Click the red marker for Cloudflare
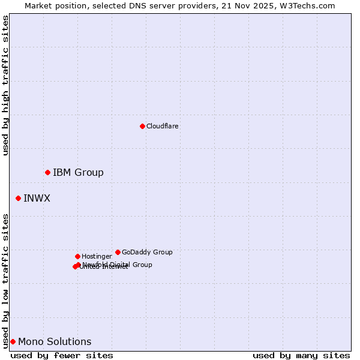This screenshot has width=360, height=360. (142, 126)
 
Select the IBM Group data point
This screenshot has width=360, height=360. (47, 173)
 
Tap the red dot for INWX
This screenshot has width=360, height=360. (18, 198)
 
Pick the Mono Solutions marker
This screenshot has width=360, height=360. (13, 341)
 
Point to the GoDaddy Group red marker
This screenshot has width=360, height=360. (118, 252)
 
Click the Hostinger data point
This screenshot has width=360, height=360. (77, 256)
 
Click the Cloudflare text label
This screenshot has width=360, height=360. (162, 126)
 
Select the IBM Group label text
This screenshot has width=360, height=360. (78, 173)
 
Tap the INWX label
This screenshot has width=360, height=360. (37, 198)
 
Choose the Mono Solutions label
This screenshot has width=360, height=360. (55, 341)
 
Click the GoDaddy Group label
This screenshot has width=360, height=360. (147, 252)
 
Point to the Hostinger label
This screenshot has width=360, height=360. (97, 256)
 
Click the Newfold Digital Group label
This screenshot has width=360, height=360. (118, 265)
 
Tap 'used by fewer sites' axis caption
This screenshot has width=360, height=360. (62, 355)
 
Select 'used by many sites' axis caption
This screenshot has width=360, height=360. (301, 355)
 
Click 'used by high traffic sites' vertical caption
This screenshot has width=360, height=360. (5, 85)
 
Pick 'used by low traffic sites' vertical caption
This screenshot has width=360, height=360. (5, 281)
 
